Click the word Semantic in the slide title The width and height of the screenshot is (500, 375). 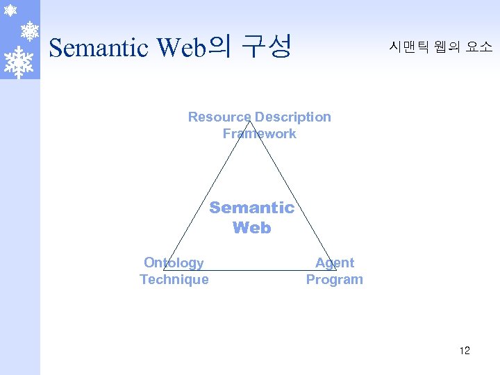click(99, 48)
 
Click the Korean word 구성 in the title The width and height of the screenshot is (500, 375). click(266, 47)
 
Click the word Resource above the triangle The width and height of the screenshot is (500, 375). click(219, 117)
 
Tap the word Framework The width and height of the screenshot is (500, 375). click(259, 133)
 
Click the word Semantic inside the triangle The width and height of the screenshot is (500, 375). click(251, 207)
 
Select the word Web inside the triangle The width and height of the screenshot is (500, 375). click(251, 228)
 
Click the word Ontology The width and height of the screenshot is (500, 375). click(174, 262)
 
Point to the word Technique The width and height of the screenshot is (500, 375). click(174, 279)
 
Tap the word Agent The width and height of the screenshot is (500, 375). click(334, 262)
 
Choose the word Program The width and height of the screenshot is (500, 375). click(334, 279)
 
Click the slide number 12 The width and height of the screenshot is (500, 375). click(465, 350)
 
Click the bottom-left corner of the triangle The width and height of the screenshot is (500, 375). click(164, 269)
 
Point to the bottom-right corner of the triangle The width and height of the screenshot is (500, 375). click(337, 269)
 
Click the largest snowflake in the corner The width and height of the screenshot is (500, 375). click(19, 60)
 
